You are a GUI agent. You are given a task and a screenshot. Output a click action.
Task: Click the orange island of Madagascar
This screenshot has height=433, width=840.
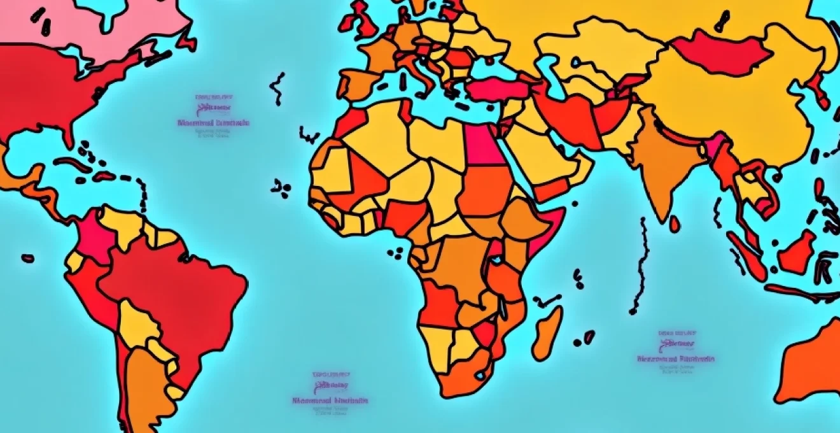pos(547,332)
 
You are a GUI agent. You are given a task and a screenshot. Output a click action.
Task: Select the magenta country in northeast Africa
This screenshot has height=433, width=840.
pos(482,144)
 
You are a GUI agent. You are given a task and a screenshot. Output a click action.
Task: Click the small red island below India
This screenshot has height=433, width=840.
pos(674,224)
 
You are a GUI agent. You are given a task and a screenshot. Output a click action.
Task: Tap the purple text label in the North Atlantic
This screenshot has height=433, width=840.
pos(213,117)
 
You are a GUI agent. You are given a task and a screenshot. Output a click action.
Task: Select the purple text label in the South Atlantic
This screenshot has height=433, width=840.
pos(330,391)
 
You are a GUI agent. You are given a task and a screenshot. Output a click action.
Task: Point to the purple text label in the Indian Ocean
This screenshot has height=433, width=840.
pos(676,351)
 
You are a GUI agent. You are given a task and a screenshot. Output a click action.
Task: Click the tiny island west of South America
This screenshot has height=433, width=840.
pos(27,259)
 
